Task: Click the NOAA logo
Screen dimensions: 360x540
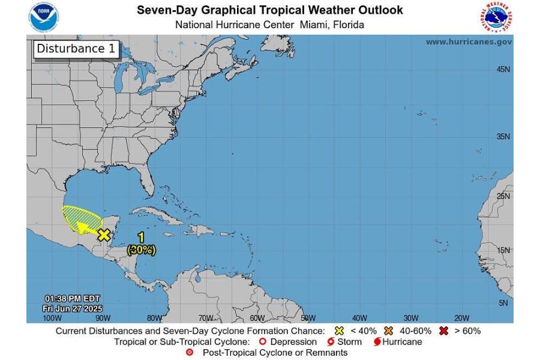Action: pyautogui.click(x=44, y=17)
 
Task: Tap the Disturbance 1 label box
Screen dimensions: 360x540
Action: pyautogui.click(x=76, y=49)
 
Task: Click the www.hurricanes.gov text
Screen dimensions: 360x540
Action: pyautogui.click(x=469, y=42)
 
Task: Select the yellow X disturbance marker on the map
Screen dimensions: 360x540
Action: pyautogui.click(x=104, y=235)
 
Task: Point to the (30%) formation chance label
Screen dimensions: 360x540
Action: pyautogui.click(x=141, y=250)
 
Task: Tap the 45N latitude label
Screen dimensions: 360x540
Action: pyautogui.click(x=503, y=70)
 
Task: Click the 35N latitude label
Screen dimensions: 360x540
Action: pyautogui.click(x=503, y=136)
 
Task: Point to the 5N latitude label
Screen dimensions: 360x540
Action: pyautogui.click(x=504, y=303)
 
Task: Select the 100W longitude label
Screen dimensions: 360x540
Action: pyautogui.click(x=52, y=318)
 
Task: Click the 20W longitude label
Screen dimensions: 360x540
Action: pyautogui.click(x=461, y=318)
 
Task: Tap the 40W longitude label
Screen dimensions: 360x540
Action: pyautogui.click(x=359, y=318)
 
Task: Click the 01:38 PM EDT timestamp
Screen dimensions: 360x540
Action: pyautogui.click(x=72, y=299)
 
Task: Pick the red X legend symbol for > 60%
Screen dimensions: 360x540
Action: pyautogui.click(x=444, y=331)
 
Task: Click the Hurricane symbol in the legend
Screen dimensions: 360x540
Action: pyautogui.click(x=377, y=342)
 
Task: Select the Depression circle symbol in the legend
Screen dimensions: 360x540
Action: pyautogui.click(x=262, y=342)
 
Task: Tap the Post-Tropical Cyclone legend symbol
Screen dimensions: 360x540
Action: pyautogui.click(x=190, y=353)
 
